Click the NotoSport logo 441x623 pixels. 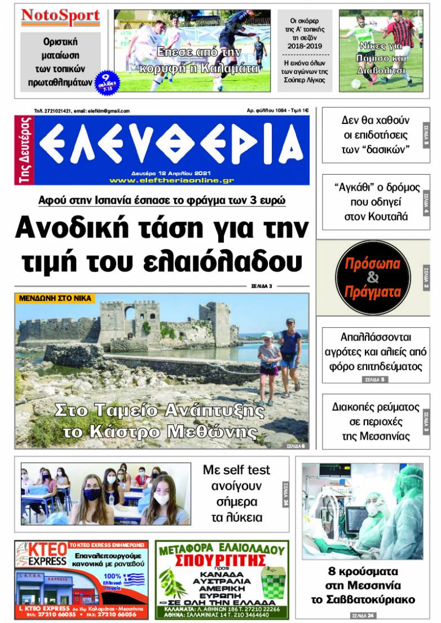coord(61,18)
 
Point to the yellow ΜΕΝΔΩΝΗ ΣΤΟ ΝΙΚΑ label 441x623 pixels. coord(55,299)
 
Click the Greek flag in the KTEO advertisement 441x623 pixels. coord(133,579)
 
